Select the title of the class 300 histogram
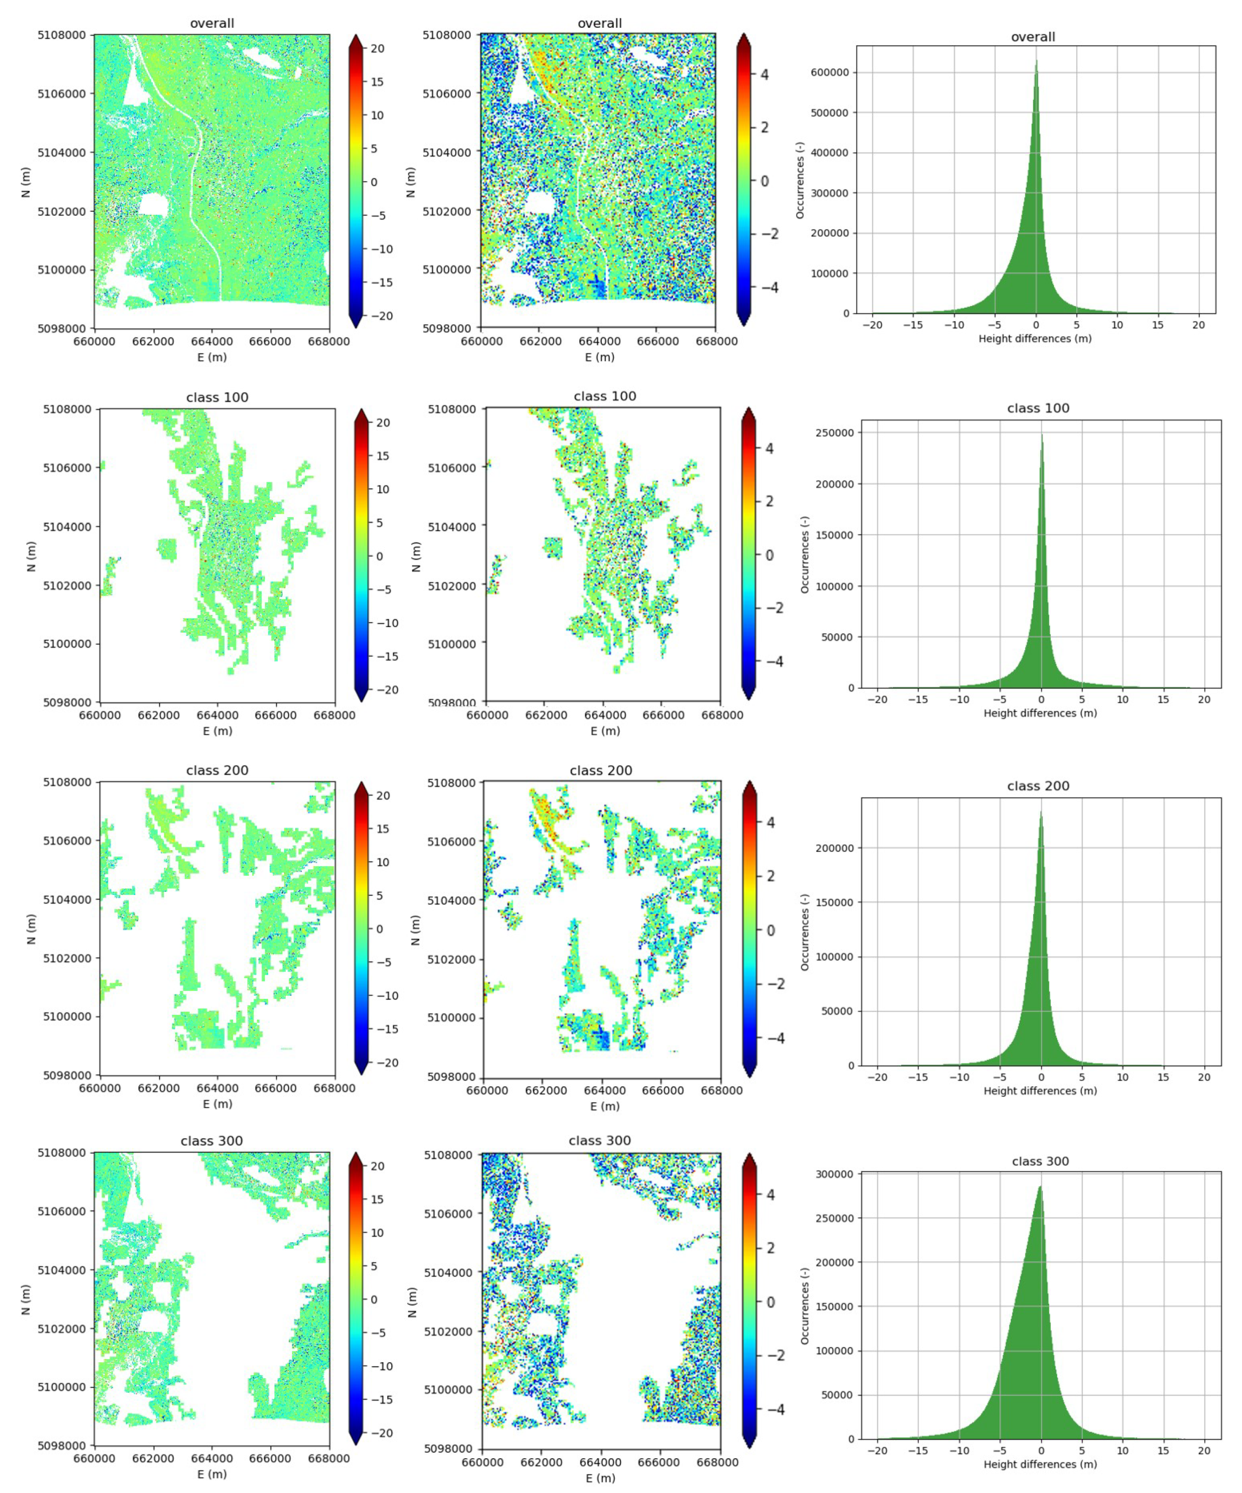click(x=1040, y=1161)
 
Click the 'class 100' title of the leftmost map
click(x=217, y=397)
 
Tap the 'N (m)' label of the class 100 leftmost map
click(x=31, y=556)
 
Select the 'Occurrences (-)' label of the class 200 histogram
click(x=805, y=932)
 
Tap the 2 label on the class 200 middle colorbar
click(x=771, y=876)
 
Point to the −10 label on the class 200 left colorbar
click(x=387, y=995)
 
